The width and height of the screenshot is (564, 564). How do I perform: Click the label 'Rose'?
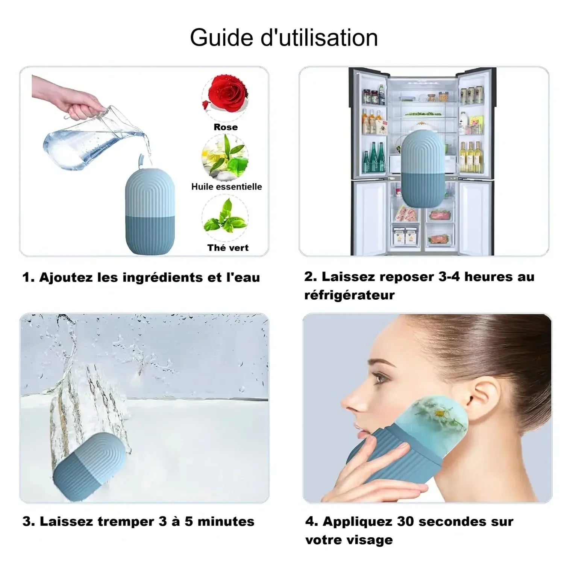(x=226, y=127)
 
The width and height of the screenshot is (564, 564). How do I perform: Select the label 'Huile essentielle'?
(x=227, y=186)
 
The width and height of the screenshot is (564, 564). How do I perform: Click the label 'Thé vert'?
(x=228, y=247)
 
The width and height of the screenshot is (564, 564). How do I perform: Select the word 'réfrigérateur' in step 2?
(x=349, y=295)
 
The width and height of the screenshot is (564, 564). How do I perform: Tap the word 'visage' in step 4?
(x=370, y=540)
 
